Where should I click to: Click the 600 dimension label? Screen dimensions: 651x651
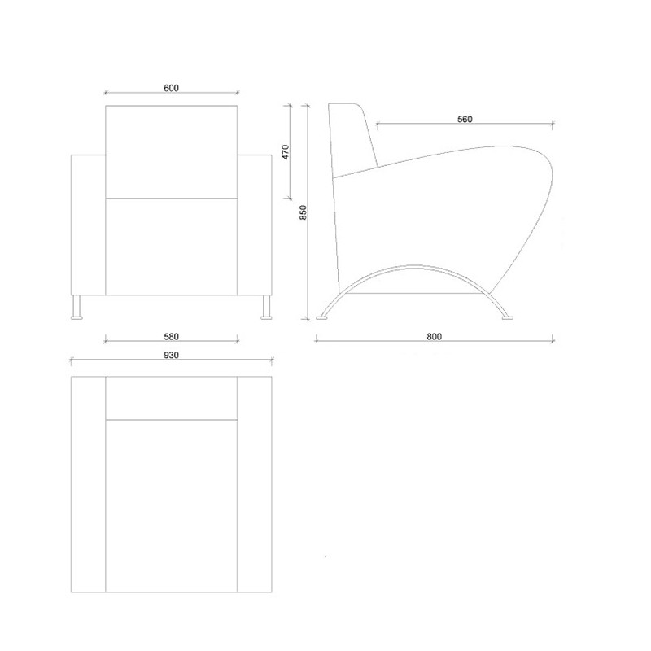pyautogui.click(x=171, y=88)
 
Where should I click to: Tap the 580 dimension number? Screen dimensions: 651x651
pyautogui.click(x=171, y=336)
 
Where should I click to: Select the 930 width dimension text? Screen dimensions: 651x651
pyautogui.click(x=171, y=355)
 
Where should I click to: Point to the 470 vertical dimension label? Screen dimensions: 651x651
pyautogui.click(x=285, y=152)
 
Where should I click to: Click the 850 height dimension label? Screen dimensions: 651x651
pyautogui.click(x=303, y=212)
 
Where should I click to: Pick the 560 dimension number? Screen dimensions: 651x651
pyautogui.click(x=465, y=119)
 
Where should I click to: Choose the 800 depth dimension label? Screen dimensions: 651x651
pyautogui.click(x=434, y=336)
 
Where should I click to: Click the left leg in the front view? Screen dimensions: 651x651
pyautogui.click(x=76, y=308)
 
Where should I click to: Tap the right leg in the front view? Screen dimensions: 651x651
pyautogui.click(x=266, y=308)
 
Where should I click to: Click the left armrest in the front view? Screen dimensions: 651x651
pyautogui.click(x=88, y=225)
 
